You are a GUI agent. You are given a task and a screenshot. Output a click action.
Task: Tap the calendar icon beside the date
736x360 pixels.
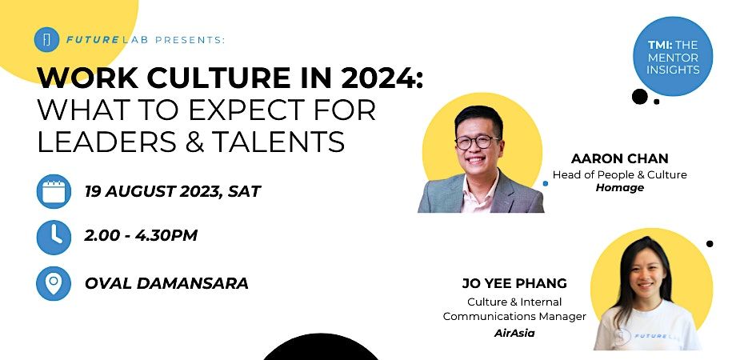click(53, 192)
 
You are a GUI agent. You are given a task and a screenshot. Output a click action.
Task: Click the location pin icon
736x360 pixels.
click(53, 282)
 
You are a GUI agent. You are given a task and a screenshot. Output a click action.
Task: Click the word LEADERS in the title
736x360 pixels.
click(98, 141)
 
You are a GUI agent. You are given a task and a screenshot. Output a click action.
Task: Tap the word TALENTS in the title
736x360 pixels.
click(278, 141)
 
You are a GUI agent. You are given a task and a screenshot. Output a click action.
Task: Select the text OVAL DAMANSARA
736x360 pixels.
click(166, 283)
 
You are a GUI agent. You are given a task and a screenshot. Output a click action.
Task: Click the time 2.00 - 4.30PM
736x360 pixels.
click(141, 236)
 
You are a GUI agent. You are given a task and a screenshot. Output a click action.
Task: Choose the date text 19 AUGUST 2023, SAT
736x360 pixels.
click(172, 191)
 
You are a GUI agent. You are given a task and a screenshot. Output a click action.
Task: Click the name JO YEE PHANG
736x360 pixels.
click(514, 284)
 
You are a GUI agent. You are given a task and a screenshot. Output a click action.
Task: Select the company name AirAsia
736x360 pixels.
click(514, 333)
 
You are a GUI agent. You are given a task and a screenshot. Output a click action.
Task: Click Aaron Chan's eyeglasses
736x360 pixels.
click(478, 142)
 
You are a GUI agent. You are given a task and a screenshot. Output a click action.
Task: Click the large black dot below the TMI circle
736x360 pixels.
click(639, 97)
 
